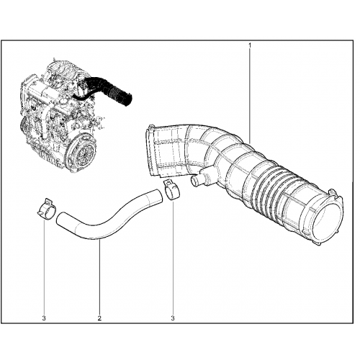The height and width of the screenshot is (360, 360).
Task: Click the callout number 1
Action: pos(250,45)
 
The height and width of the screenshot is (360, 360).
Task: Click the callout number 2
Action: pos(99,318)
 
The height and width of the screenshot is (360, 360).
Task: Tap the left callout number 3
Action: pos(44,318)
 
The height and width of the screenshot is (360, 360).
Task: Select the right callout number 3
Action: pos(173,318)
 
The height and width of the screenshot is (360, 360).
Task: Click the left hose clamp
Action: pos(47,209)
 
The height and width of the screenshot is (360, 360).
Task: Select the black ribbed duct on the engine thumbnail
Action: pos(108,89)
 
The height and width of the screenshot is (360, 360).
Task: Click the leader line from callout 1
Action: pos(250,96)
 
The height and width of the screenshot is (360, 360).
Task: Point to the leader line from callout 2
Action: pos(99,277)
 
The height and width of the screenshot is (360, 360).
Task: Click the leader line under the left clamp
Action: pos(44,266)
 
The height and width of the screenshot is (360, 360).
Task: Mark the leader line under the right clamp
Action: pos(173,257)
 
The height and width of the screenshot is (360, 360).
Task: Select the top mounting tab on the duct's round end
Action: pos(333,192)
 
